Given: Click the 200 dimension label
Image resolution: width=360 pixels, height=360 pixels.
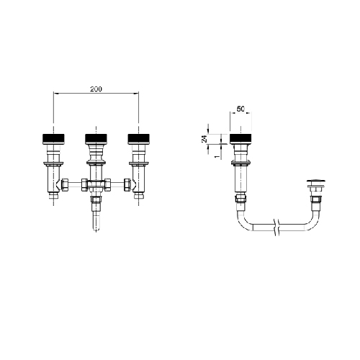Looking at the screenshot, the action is click(x=96, y=89).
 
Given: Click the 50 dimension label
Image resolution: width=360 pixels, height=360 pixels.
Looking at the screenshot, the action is click(x=240, y=109).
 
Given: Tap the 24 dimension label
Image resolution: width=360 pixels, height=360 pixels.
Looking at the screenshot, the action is click(x=204, y=139).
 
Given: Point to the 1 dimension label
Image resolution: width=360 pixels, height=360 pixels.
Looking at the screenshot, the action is click(x=217, y=156).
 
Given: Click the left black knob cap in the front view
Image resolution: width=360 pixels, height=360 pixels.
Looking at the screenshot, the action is click(x=53, y=139).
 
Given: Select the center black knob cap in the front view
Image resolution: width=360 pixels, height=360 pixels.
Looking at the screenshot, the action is click(x=96, y=139).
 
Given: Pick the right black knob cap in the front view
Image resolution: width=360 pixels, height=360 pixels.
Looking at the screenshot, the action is click(x=139, y=139).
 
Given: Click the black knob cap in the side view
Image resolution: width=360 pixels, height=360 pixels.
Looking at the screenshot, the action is click(x=240, y=139).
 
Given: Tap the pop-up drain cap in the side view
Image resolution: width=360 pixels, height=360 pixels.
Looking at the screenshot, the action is click(x=316, y=180).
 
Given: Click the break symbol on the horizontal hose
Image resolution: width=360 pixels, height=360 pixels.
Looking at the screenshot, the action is click(x=277, y=227).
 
